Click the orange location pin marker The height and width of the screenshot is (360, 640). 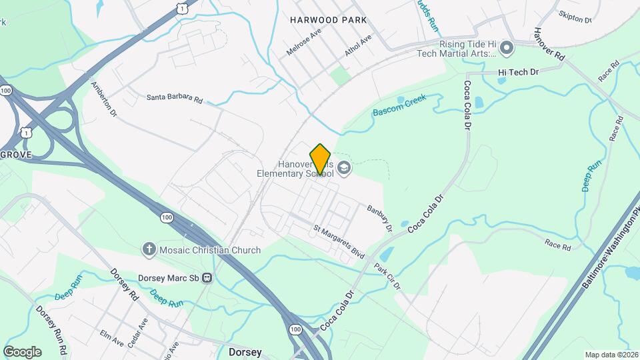click(321, 159)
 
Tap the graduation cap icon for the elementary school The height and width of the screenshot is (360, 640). click(344, 167)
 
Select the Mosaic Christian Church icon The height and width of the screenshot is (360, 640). click(149, 250)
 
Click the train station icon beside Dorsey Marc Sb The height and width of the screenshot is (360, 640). click(208, 278)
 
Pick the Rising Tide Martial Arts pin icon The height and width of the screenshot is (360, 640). click(507, 47)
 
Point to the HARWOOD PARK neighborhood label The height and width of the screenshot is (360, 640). click(328, 20)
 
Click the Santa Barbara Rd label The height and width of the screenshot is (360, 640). click(175, 98)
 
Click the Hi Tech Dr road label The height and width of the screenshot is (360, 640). click(518, 71)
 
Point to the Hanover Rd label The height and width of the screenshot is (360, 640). click(549, 45)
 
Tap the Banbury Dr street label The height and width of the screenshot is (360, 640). click(379, 218)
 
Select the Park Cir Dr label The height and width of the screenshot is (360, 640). click(387, 276)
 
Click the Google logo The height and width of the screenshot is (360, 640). click(22, 351)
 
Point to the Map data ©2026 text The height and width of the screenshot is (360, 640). click(611, 355)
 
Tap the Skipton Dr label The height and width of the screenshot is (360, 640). click(575, 17)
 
